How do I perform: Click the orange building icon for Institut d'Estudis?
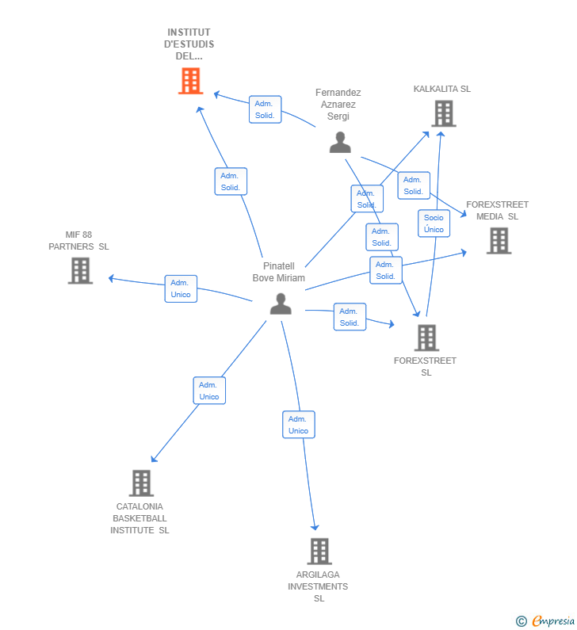tap(190, 81)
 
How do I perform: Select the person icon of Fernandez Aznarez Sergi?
tap(340, 143)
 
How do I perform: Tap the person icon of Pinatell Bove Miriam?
tap(281, 304)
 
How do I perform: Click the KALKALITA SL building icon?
tap(443, 113)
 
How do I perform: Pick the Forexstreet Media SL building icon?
tap(499, 241)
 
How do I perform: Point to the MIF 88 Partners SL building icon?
tap(80, 270)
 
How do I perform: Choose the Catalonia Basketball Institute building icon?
tap(141, 483)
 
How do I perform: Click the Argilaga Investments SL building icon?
tap(319, 551)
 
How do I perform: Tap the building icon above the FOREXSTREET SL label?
tap(426, 338)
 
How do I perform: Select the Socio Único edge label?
tap(434, 223)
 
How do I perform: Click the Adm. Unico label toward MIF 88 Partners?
tap(181, 288)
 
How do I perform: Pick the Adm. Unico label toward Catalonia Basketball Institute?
tap(209, 391)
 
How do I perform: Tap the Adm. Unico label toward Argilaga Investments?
tap(298, 425)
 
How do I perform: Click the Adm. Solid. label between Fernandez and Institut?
tap(264, 109)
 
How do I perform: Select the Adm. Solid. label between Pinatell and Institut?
tap(231, 181)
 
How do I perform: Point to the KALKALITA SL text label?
tap(441, 89)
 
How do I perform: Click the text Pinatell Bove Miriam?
tap(278, 272)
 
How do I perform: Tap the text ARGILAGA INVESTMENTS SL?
tap(318, 586)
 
